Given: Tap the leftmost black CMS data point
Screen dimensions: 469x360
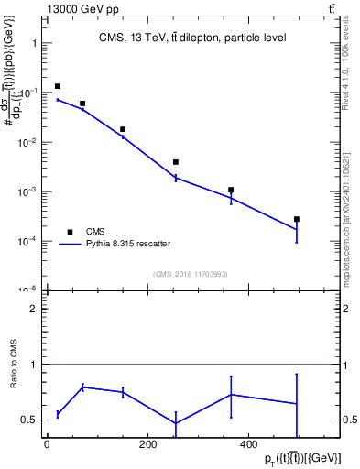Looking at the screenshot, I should [x=58, y=86].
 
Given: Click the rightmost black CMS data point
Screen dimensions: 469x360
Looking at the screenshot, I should [x=297, y=219].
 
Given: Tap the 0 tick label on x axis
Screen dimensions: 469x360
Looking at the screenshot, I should [x=47, y=445].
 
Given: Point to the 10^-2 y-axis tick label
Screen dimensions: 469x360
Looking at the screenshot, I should [x=27, y=142].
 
